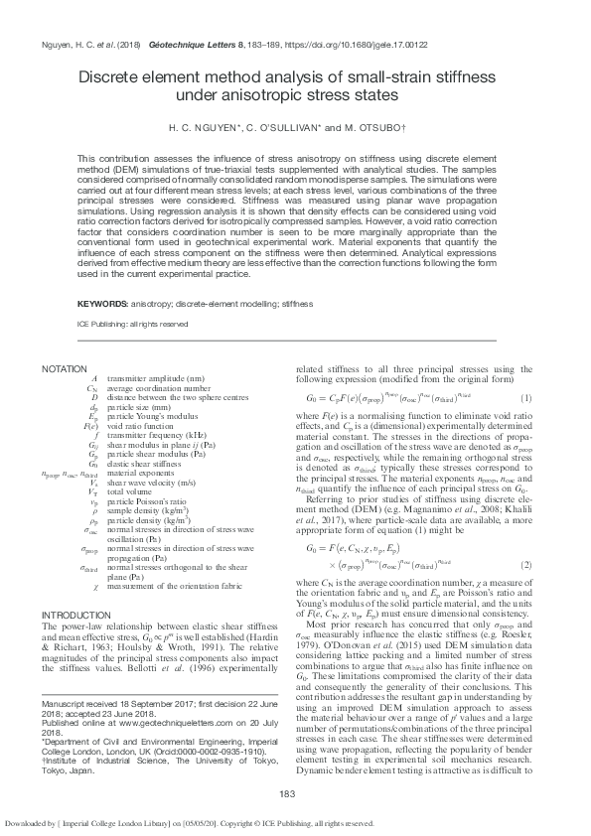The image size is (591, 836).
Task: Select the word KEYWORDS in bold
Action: pyautogui.click(x=102, y=303)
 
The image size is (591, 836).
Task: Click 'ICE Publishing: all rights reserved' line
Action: pyautogui.click(x=132, y=324)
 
